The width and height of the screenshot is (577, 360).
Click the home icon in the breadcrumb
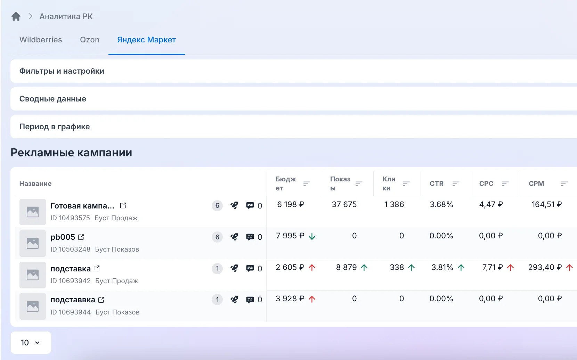pos(16,16)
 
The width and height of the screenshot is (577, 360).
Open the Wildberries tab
pos(41,40)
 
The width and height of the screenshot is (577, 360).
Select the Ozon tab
pos(90,40)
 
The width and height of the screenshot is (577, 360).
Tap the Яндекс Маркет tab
pos(147,40)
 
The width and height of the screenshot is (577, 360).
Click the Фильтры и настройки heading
pos(62,71)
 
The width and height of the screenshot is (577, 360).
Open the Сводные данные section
pos(53,99)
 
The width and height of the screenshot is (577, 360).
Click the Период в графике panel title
pos(55,127)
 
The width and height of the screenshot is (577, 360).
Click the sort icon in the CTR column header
pos(456,183)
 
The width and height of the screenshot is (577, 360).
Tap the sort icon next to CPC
pos(505,183)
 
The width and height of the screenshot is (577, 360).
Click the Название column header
pos(35,183)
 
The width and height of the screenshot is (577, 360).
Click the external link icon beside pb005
pos(81,237)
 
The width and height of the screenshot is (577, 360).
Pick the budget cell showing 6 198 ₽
pos(291,204)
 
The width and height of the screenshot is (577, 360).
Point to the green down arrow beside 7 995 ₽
pos(312,236)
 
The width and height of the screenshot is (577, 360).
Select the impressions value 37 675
pos(344,204)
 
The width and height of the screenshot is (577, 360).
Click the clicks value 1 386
pos(394,204)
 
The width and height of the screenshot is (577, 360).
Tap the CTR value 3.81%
pos(442,267)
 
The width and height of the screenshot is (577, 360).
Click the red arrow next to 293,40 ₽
pos(569,268)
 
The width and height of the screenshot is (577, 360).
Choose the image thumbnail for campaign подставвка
pos(33,306)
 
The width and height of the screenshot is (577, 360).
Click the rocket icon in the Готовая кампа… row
pos(234,205)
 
